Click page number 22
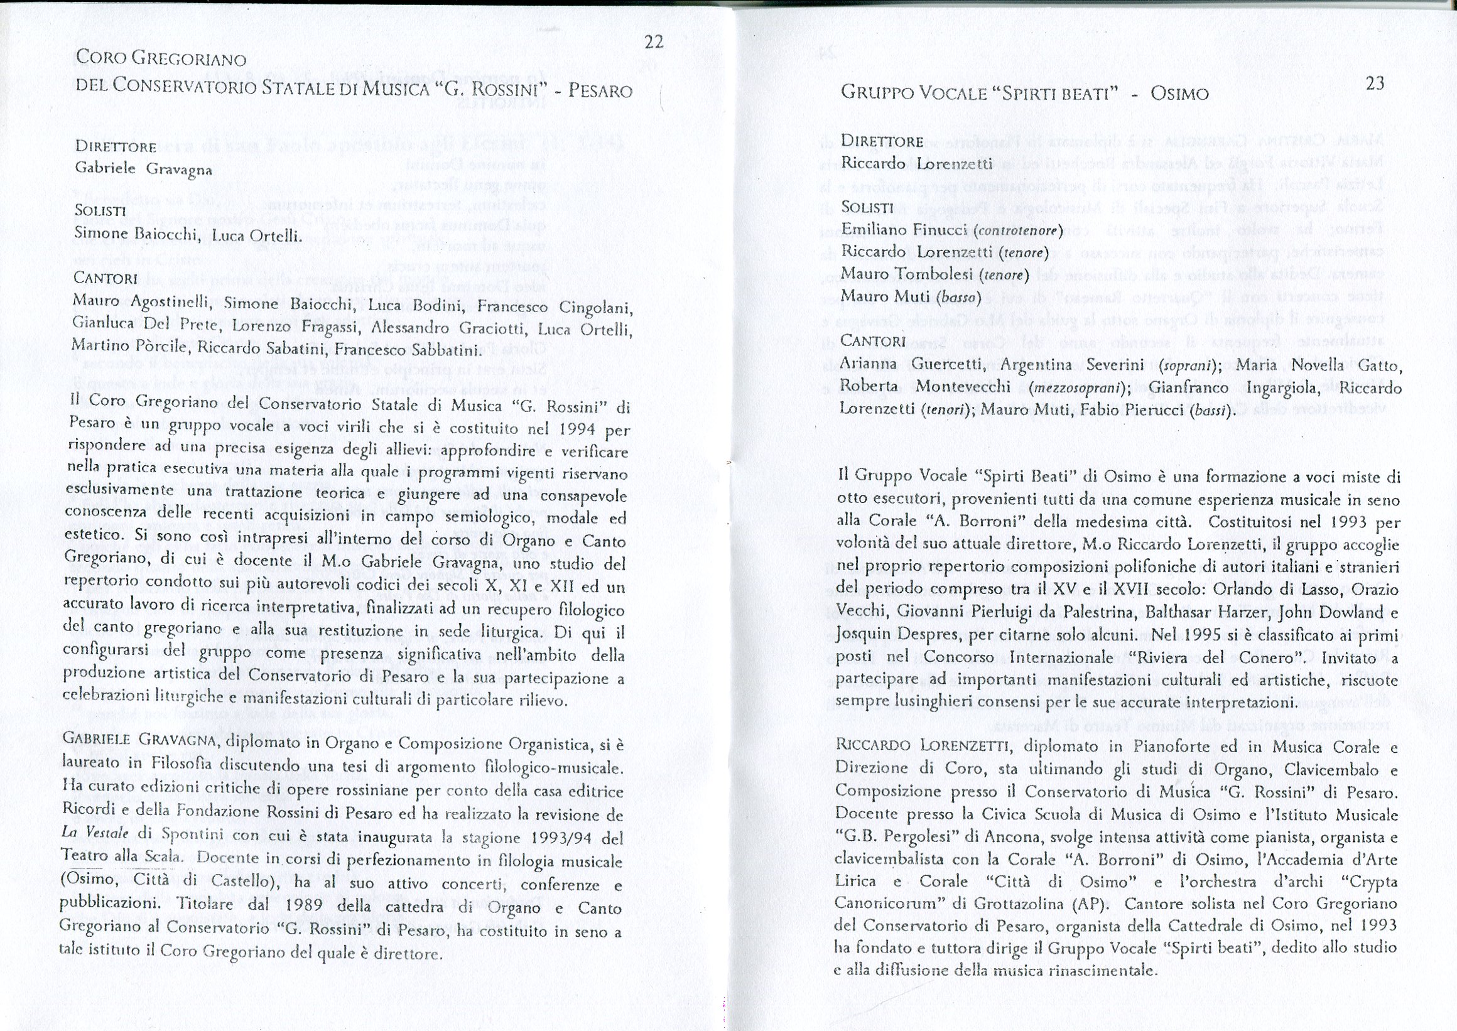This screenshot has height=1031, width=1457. coord(653,42)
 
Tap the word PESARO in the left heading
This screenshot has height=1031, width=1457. coord(600,91)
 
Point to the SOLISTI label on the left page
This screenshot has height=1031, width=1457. coord(100,211)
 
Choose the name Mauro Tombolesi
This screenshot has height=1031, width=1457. coord(908,274)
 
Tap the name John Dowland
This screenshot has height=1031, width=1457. coord(1336,613)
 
